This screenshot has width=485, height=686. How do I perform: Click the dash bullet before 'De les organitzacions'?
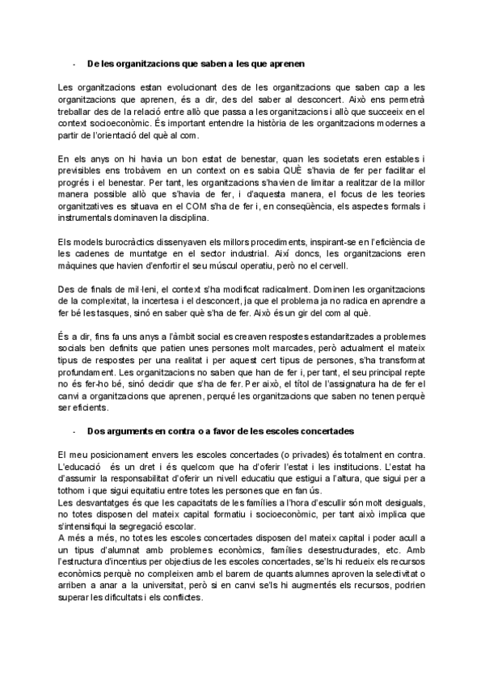pyautogui.click(x=74, y=62)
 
